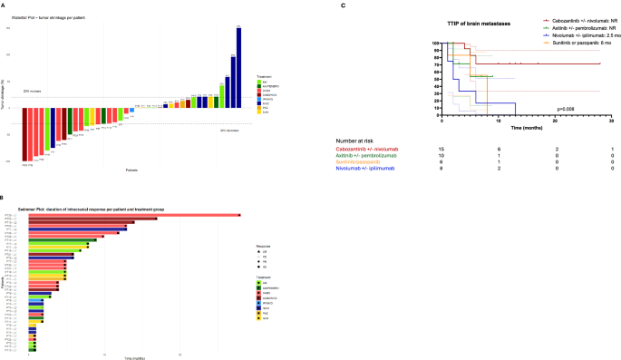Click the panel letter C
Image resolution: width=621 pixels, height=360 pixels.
pyautogui.click(x=342, y=5)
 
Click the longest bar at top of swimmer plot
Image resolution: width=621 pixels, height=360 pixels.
pyautogui.click(x=135, y=215)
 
